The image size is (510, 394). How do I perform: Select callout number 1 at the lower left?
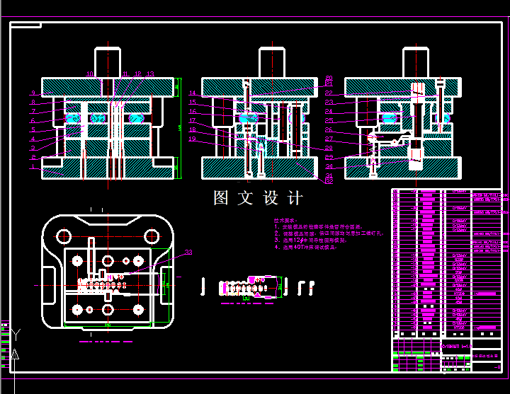[33, 168]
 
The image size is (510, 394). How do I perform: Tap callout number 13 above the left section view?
[150, 74]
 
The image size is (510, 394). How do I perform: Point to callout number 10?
[90, 74]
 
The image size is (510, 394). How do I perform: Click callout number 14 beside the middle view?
[193, 93]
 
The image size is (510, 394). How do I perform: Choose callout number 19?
[193, 139]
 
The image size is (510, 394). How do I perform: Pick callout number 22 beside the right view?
[329, 93]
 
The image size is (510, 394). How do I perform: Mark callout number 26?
[329, 130]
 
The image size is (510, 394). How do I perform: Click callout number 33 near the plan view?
[188, 253]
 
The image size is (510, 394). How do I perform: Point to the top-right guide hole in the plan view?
[151, 236]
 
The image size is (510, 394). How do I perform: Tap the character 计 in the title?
[295, 198]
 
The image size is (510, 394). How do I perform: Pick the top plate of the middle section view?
[258, 87]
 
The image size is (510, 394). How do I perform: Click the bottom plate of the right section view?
[399, 167]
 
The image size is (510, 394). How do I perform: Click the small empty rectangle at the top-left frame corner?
[25, 25]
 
